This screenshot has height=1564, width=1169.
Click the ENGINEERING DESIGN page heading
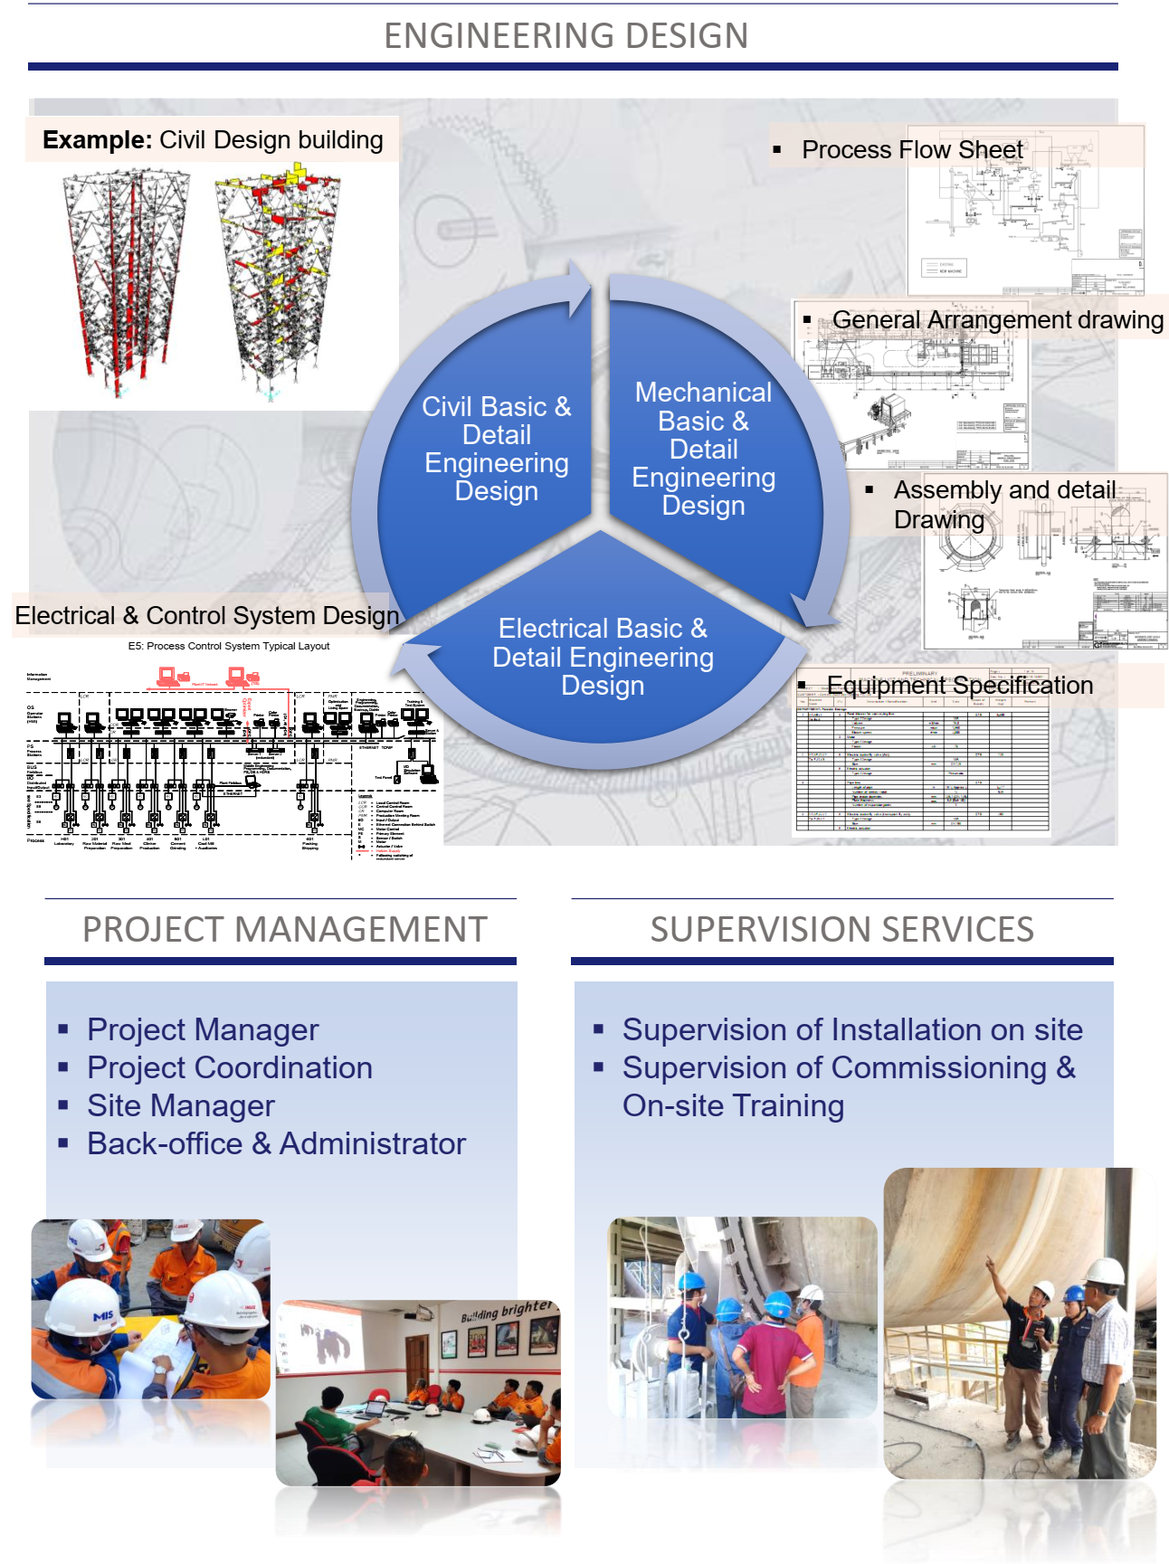tap(565, 36)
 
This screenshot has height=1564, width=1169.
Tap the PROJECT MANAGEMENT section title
tap(284, 930)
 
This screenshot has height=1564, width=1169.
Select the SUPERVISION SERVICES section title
tap(841, 930)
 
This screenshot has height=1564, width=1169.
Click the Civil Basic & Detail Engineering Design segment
tap(496, 449)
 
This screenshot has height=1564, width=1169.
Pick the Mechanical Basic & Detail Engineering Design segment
tap(703, 449)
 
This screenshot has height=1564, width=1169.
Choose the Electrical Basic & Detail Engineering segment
tap(603, 657)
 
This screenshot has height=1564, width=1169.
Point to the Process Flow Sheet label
tap(911, 150)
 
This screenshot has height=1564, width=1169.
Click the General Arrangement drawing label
tap(997, 320)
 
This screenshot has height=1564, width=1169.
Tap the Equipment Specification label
tap(959, 686)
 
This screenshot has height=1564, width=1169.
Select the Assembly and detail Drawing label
tap(1003, 503)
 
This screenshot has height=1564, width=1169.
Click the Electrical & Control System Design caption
tap(206, 616)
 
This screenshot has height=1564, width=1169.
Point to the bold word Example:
tap(97, 140)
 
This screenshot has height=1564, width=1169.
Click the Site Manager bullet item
tap(180, 1105)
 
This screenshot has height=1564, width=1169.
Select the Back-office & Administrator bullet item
tap(276, 1143)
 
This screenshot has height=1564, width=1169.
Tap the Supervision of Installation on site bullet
tap(851, 1029)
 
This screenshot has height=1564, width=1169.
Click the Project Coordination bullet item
tap(229, 1067)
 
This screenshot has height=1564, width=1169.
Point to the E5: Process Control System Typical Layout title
tap(229, 646)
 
